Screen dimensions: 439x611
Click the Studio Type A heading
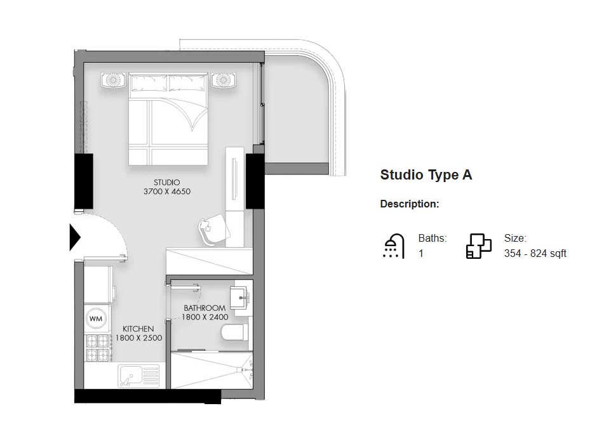426,175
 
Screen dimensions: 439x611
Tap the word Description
409,204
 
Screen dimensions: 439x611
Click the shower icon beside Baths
394,246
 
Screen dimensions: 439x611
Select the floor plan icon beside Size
479,246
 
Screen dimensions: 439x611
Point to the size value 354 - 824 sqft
535,254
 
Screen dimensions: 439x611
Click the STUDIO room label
166,183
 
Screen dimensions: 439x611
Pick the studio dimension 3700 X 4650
167,192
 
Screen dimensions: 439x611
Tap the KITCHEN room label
138,329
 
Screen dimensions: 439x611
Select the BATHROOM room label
205,308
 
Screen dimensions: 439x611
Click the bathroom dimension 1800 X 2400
205,317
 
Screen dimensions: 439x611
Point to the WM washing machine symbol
96,318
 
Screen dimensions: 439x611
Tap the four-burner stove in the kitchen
98,348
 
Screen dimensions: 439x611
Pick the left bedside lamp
114,81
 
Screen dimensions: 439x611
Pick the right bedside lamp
223,80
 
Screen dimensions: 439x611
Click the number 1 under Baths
420,254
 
